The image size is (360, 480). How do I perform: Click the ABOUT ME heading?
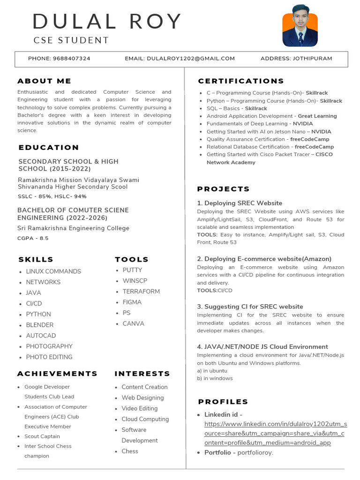click(45, 81)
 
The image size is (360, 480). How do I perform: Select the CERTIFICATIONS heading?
click(241, 81)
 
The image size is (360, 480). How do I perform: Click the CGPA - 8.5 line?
click(33, 238)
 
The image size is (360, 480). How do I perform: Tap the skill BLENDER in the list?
click(40, 325)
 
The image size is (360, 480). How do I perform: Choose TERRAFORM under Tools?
click(141, 292)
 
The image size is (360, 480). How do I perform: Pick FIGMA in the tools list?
click(132, 302)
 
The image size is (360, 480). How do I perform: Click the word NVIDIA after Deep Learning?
click(303, 124)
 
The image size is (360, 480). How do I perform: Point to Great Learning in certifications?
click(317, 116)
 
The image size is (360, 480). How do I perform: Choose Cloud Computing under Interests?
click(145, 419)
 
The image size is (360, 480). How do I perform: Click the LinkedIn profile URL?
click(275, 433)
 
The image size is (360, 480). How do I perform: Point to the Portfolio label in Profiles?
click(217, 452)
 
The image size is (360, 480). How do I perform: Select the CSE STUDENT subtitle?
click(71, 40)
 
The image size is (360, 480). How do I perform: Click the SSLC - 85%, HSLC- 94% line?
click(52, 196)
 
